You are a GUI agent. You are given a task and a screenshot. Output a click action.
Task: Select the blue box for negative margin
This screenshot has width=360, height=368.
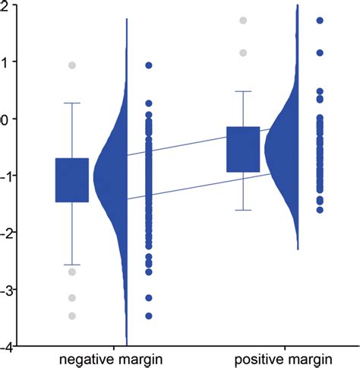click(72, 180)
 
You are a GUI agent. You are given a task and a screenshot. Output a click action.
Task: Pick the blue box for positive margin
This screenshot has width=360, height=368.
click(243, 150)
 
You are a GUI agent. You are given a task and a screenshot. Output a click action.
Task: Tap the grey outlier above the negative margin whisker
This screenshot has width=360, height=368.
click(72, 65)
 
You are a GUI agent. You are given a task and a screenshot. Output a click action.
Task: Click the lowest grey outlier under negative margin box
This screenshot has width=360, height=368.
click(72, 316)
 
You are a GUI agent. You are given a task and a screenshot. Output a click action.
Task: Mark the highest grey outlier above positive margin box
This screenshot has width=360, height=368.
click(243, 21)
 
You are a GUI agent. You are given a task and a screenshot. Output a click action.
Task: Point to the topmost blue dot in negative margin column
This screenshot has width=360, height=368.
click(149, 65)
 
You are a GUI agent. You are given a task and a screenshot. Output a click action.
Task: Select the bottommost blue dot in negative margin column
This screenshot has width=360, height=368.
click(149, 316)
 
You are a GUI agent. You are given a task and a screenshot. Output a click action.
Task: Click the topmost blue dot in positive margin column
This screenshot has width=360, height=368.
click(320, 21)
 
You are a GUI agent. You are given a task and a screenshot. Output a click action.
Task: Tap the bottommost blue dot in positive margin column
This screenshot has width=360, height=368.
click(320, 209)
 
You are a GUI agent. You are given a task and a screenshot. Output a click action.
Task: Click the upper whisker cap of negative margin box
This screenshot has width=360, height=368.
click(72, 103)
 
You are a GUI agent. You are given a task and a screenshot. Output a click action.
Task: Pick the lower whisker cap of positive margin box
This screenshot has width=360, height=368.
click(243, 210)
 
